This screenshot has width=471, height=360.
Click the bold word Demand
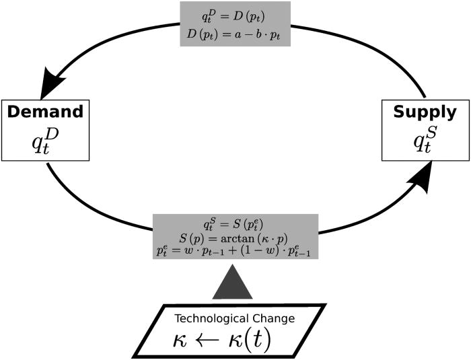tap(45, 111)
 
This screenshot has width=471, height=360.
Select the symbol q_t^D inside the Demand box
tap(45, 139)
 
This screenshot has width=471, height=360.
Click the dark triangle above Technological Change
tap(232, 283)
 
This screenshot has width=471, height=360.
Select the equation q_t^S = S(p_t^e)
tap(235, 224)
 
